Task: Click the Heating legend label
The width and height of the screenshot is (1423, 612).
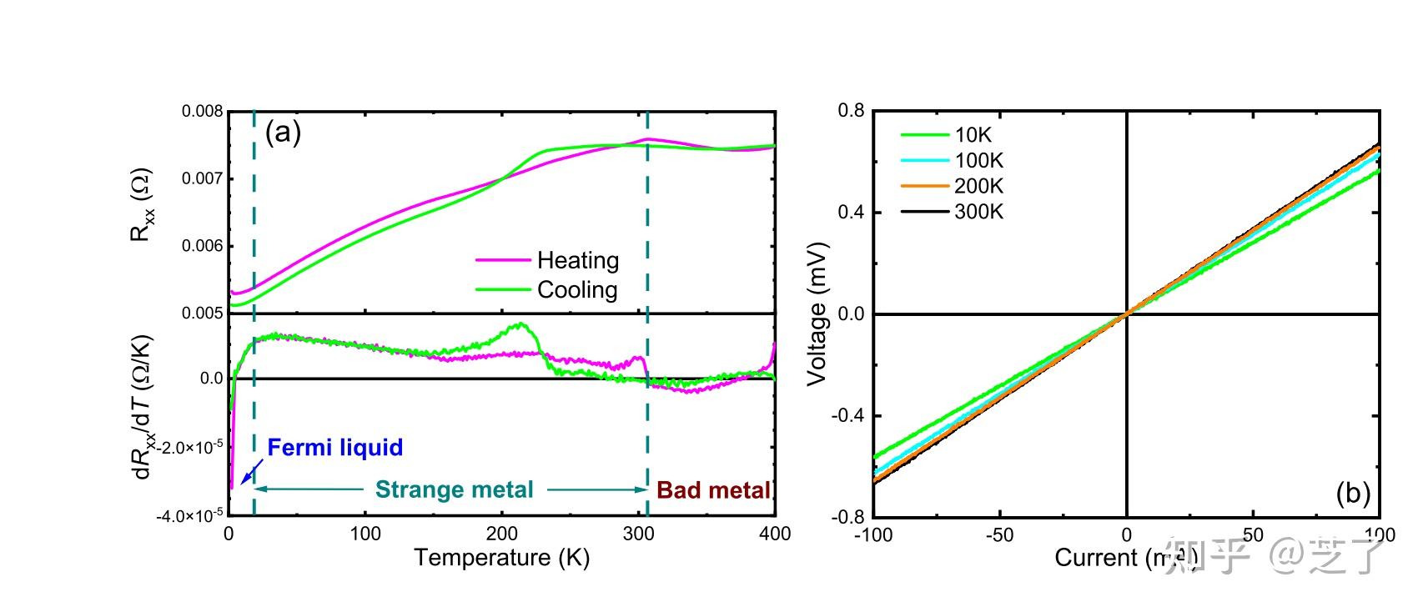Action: click(577, 260)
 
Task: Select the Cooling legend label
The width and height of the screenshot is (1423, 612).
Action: click(577, 290)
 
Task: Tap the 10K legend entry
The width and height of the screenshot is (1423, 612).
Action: click(973, 135)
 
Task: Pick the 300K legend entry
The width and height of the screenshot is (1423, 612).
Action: click(978, 212)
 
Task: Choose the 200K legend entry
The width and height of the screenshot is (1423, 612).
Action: click(978, 186)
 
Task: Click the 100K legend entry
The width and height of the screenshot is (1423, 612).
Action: click(978, 160)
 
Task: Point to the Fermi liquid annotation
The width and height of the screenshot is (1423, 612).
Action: click(335, 448)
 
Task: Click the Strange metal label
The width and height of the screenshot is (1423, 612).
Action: click(455, 489)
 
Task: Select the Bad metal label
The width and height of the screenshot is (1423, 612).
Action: click(714, 489)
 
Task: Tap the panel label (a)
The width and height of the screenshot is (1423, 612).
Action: click(283, 132)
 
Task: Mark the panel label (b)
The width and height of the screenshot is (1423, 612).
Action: click(1353, 494)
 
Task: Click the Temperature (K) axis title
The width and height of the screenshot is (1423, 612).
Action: click(501, 557)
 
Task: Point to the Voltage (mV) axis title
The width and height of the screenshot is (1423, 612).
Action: click(817, 314)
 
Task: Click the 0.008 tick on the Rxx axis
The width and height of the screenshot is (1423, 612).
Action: click(203, 112)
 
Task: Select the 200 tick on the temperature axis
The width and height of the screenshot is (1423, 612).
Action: click(501, 534)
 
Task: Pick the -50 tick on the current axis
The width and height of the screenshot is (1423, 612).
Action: click(999, 534)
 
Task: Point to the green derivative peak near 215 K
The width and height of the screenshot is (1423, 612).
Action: click(520, 325)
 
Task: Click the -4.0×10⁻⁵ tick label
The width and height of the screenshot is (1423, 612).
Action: click(189, 516)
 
